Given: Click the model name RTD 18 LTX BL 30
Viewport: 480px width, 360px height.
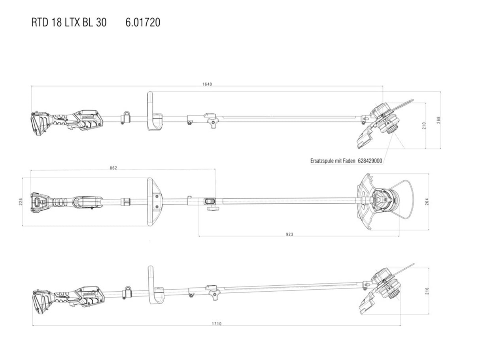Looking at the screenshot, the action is click(x=69, y=23).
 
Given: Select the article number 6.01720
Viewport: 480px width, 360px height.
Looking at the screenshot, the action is click(x=143, y=23).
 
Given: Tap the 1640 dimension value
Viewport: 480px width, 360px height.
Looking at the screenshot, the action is click(x=207, y=85).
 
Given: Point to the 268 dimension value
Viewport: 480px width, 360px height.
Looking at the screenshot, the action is click(x=438, y=120).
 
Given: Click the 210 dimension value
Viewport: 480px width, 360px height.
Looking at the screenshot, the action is click(x=424, y=126).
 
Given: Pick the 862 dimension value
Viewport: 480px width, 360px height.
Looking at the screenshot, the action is click(x=113, y=168).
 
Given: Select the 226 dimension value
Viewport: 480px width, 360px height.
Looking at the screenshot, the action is click(x=21, y=202).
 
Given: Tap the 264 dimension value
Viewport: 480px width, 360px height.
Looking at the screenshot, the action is click(x=427, y=202).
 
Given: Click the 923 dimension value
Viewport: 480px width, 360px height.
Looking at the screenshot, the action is click(x=289, y=234).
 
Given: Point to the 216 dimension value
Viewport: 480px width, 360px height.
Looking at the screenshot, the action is click(x=427, y=291).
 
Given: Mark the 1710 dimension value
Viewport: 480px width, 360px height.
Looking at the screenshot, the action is click(x=217, y=324).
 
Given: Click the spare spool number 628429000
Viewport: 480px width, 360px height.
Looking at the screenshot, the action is click(x=370, y=161).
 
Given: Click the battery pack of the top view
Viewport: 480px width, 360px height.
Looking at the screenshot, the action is click(x=40, y=124).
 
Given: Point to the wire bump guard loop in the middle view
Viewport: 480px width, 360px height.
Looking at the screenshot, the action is click(x=401, y=199).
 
